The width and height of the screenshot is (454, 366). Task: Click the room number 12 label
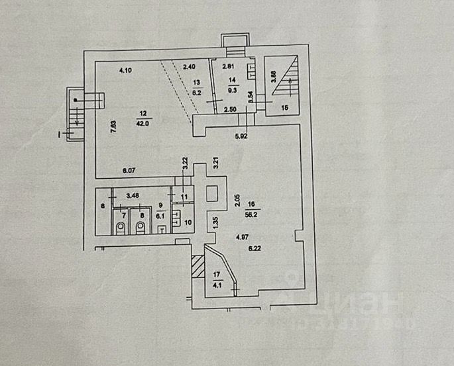point(140,114)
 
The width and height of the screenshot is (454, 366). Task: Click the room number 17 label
point(215,275)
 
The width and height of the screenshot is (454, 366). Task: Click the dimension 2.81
point(229,66)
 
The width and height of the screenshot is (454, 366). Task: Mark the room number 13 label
point(196,83)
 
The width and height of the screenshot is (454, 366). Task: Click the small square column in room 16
point(213,194)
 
